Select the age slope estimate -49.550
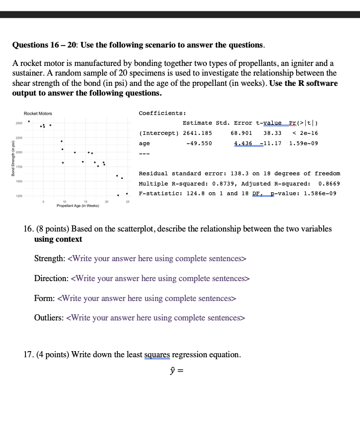[x=199, y=144]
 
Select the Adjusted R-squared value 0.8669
[x=328, y=183]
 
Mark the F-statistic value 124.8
[x=194, y=193]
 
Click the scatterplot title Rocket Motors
[x=38, y=113]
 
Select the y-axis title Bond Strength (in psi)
[x=7, y=160]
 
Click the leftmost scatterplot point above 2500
[x=29, y=122]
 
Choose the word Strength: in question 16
[x=50, y=259]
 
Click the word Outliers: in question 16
[x=49, y=318]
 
